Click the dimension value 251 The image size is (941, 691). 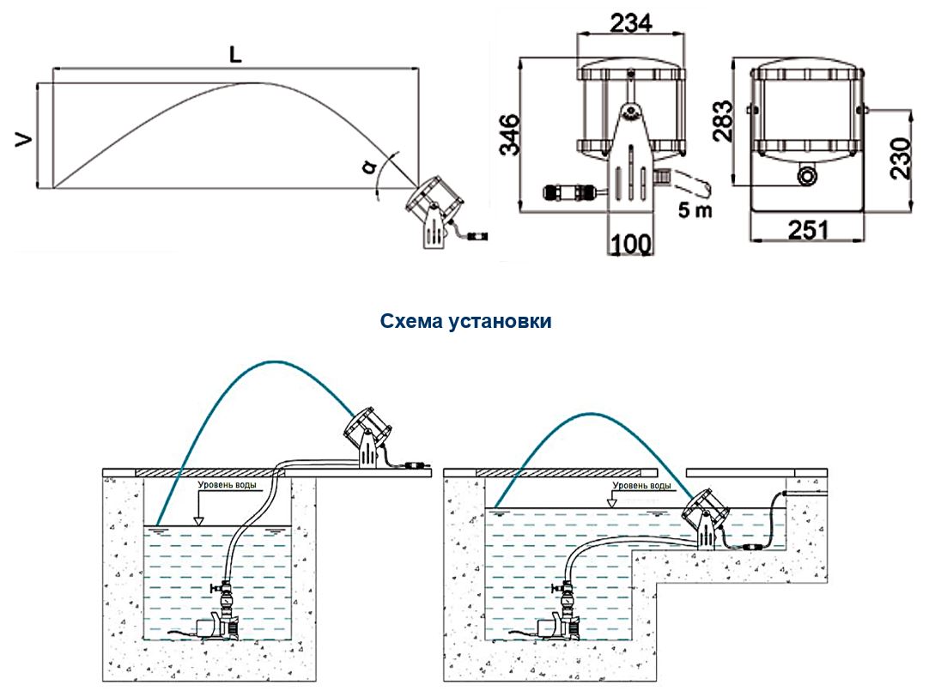807,231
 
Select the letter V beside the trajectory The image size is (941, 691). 26,138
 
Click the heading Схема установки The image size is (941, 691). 465,322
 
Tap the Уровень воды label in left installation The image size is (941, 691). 228,485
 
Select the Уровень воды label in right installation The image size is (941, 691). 640,485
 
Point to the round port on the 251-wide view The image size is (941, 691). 807,175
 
